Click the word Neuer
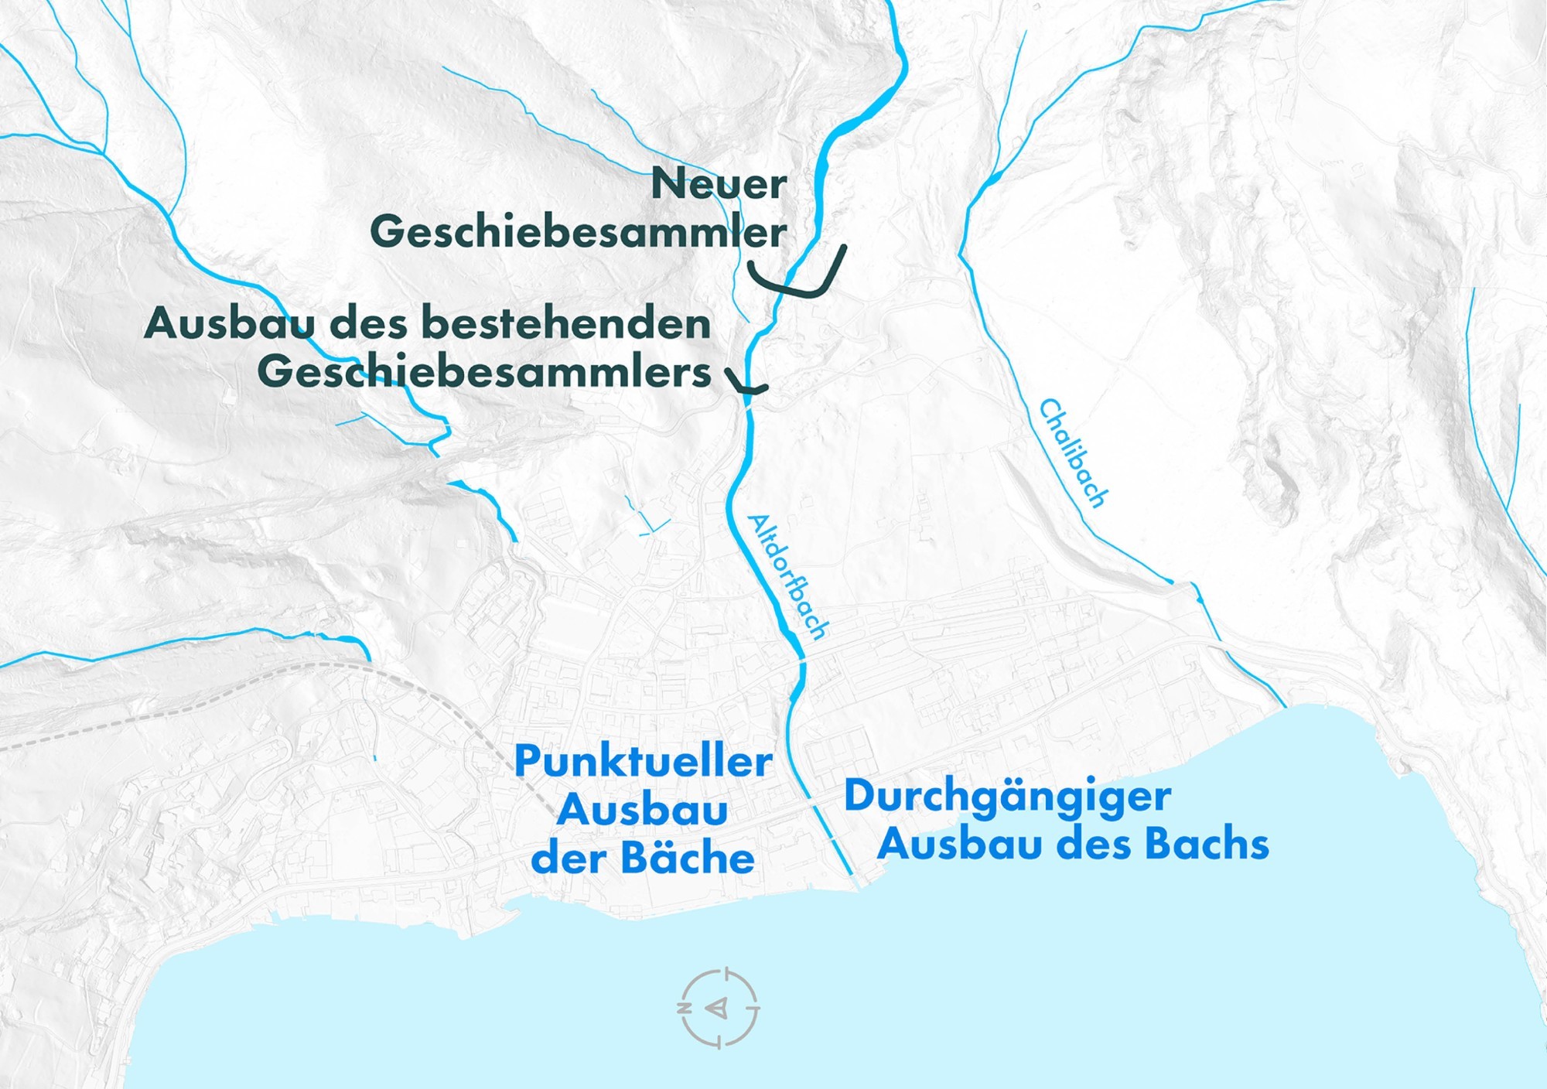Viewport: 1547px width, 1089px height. (719, 184)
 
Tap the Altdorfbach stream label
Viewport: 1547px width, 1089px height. (787, 576)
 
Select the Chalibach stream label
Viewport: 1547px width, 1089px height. (1072, 453)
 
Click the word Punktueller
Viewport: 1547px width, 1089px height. (643, 762)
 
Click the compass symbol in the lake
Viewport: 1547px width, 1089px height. (719, 1008)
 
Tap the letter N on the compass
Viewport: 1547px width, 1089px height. (684, 1009)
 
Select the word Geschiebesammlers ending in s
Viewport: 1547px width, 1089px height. (484, 372)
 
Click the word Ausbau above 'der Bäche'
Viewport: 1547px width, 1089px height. (642, 811)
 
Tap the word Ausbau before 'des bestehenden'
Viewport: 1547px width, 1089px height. (229, 323)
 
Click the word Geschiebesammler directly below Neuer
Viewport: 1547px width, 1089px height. (578, 232)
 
